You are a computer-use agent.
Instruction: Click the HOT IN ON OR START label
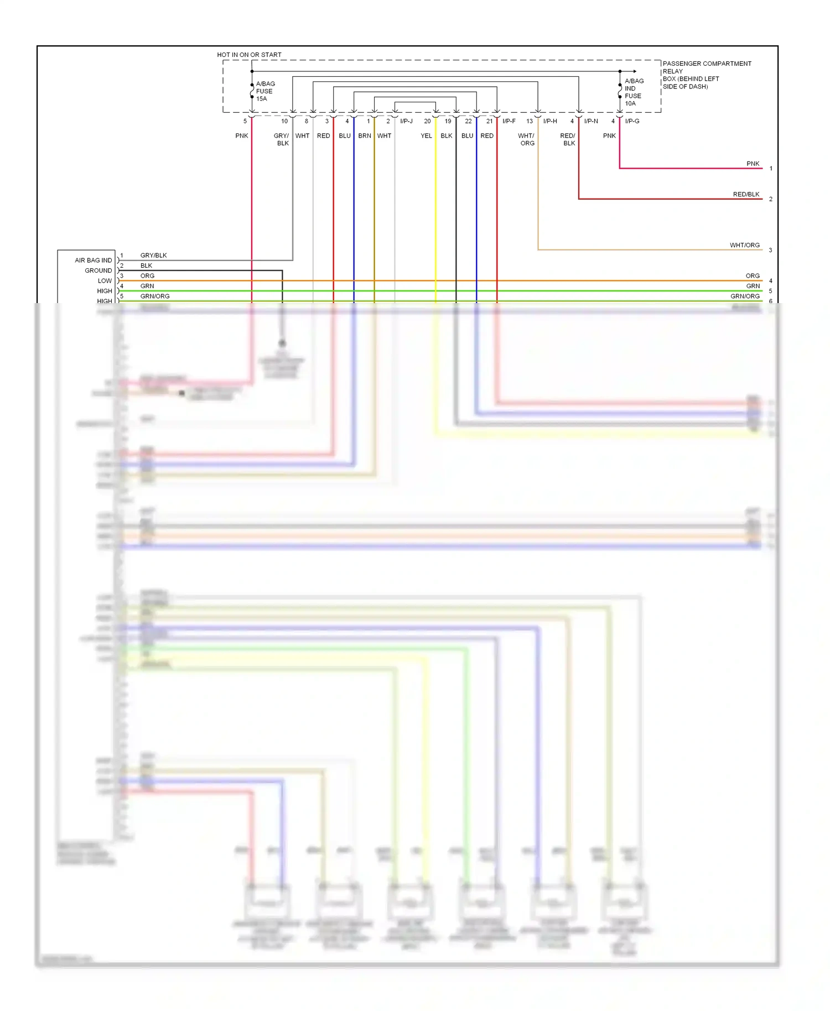[x=249, y=55]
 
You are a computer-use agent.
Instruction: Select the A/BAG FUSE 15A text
[x=265, y=91]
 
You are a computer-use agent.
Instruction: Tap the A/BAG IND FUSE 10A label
[x=634, y=92]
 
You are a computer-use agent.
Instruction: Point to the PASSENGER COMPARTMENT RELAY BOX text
[x=707, y=75]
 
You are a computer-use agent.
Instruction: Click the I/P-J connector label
[x=406, y=121]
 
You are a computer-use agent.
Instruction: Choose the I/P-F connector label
[x=509, y=121]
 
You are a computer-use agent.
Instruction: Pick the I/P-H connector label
[x=550, y=121]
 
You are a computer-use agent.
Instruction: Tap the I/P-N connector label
[x=591, y=121]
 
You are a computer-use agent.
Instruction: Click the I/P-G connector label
[x=632, y=121]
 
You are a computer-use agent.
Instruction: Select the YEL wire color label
[x=426, y=136]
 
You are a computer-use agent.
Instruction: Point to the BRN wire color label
[x=364, y=136]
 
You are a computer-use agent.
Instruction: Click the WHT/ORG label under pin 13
[x=526, y=139]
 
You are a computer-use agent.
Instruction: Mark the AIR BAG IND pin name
[x=93, y=260]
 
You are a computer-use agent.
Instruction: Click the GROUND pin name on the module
[x=98, y=270]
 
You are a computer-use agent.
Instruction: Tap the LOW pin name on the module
[x=105, y=280]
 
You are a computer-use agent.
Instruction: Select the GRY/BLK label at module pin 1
[x=153, y=256]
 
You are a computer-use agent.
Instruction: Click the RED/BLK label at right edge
[x=746, y=194]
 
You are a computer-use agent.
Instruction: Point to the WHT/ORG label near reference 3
[x=744, y=245]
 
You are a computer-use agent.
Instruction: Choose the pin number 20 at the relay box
[x=427, y=121]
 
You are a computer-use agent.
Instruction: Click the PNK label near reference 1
[x=753, y=164]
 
